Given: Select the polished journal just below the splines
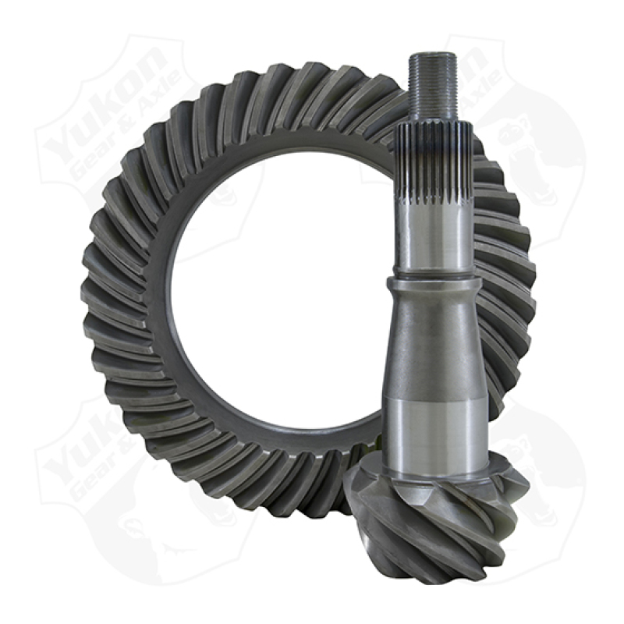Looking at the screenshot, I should (434, 234).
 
